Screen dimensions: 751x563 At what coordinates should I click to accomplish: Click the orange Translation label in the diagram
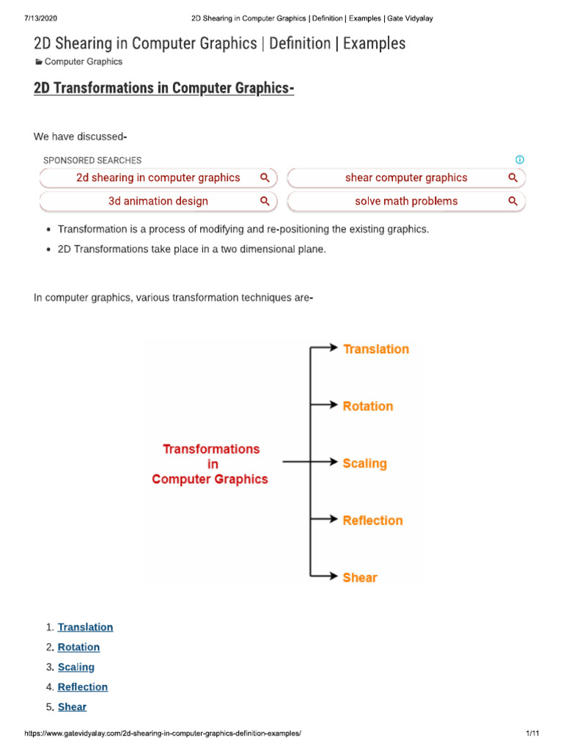375,349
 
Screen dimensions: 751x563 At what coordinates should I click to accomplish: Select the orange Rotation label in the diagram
367,406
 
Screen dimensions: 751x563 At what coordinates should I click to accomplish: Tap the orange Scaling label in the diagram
364,464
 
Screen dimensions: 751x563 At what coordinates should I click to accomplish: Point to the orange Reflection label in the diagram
372,521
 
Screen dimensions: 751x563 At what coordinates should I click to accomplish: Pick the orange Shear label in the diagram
359,578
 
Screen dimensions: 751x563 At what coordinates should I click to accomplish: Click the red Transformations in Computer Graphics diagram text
210,464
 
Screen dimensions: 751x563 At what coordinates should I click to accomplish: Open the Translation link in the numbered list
85,627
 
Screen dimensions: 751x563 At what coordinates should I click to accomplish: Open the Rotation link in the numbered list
78,647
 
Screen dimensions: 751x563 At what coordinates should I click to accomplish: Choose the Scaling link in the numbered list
76,667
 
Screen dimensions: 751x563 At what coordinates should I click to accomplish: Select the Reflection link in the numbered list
83,686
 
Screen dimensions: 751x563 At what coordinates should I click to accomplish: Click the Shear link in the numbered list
72,707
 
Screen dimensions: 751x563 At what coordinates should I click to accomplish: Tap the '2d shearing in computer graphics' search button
158,177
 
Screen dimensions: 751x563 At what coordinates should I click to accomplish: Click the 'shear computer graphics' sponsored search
406,177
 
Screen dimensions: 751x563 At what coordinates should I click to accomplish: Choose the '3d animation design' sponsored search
158,201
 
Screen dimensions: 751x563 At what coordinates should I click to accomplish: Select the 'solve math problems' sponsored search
406,201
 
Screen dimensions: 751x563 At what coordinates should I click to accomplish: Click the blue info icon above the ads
520,160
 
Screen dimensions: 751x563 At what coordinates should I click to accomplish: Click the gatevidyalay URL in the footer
163,733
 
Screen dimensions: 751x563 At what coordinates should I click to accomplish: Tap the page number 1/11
532,733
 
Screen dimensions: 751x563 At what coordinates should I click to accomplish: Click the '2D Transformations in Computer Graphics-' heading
164,89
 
